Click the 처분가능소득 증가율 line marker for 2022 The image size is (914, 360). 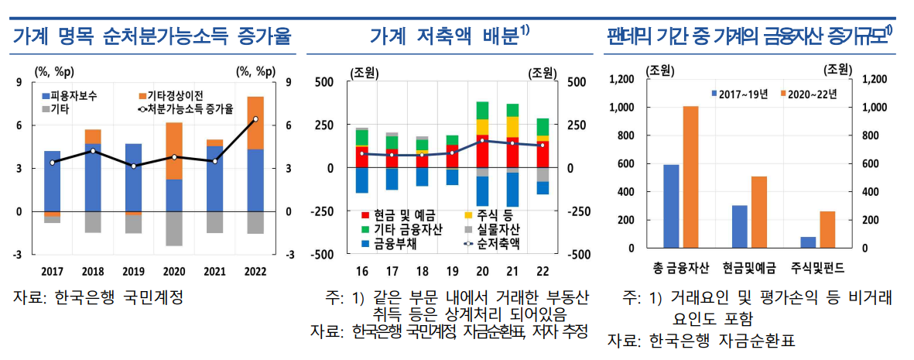255,119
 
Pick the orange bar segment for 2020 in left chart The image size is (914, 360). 174,151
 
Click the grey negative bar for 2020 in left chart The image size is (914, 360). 174,228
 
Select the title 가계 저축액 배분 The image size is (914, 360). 449,36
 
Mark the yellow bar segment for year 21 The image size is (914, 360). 512,127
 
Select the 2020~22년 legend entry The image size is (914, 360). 813,94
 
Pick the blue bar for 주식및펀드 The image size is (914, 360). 809,242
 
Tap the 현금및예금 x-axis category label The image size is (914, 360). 749,269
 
